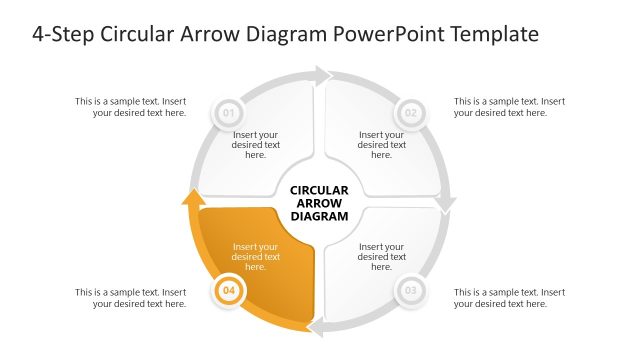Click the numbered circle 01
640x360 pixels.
tap(228, 112)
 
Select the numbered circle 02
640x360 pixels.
tap(411, 112)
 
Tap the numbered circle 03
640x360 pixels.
tap(410, 292)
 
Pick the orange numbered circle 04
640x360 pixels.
tap(229, 292)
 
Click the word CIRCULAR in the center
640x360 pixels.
tap(319, 190)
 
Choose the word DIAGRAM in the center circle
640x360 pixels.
tap(319, 216)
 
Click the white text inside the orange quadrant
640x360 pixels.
tap(255, 257)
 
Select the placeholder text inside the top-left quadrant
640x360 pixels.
tap(255, 144)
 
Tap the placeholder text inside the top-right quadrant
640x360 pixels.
tap(381, 144)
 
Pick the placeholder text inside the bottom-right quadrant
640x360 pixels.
tap(381, 257)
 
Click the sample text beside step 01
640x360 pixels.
tap(130, 107)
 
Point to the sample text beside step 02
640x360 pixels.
tap(509, 107)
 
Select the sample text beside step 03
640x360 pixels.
tap(509, 298)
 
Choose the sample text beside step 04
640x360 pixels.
tap(130, 298)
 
